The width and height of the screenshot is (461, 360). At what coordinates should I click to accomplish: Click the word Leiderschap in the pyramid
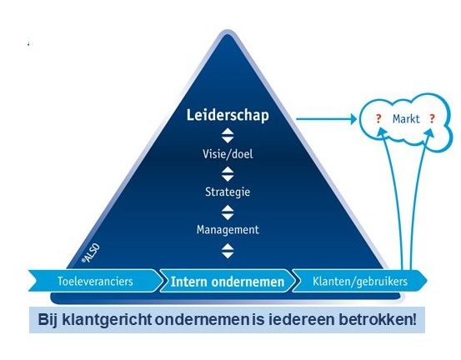228,116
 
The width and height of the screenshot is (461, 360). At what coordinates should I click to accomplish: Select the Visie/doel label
228,154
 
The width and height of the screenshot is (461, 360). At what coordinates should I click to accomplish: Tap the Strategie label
228,192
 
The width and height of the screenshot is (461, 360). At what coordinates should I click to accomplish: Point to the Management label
228,230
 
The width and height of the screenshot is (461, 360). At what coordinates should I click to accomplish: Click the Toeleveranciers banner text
95,281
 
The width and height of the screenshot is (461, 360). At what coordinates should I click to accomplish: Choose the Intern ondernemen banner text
228,282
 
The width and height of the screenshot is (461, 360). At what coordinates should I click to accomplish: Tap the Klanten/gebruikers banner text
360,282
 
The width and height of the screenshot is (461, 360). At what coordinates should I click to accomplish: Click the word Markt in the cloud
406,119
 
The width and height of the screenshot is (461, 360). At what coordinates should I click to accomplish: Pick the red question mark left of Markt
378,119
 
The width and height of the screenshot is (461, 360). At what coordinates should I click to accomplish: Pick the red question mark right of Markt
432,119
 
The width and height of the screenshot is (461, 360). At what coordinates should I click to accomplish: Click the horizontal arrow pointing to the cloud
326,119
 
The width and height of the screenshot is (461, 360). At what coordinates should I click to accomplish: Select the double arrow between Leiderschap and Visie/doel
228,136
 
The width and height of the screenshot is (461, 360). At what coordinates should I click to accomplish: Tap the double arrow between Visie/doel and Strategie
228,173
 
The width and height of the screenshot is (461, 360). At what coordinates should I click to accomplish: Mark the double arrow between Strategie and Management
228,212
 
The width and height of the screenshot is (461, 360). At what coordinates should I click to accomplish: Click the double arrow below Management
228,251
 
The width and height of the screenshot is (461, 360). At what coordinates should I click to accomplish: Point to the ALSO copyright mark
91,253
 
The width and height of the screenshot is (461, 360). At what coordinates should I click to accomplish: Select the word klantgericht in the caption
108,320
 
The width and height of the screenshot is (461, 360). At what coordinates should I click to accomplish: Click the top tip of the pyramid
227,31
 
